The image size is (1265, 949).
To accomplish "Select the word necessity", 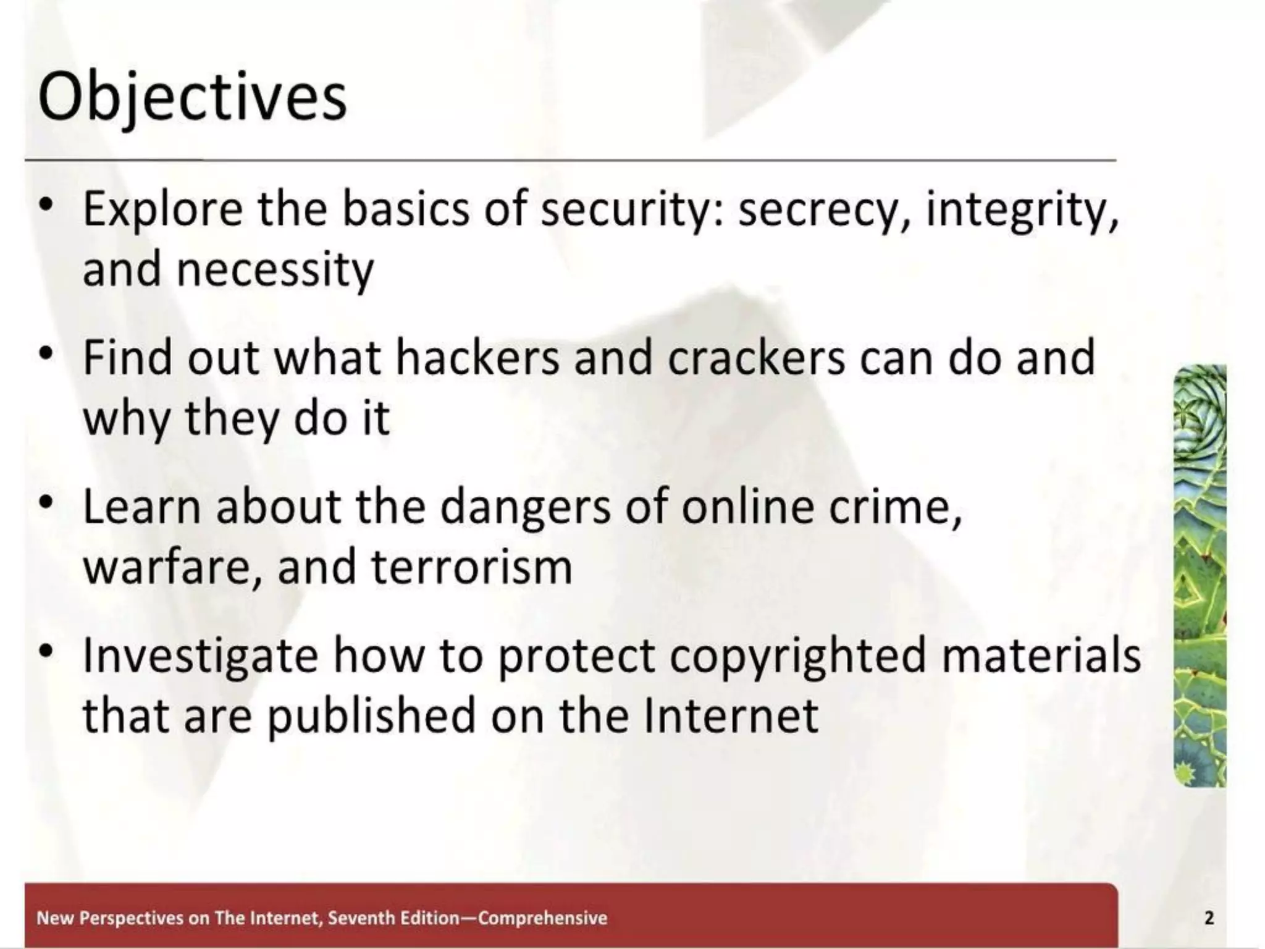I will (275, 269).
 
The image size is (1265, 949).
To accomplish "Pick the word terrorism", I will (472, 567).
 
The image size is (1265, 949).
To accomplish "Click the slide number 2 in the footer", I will (1209, 917).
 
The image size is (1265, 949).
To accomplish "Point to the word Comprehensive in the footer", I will (543, 917).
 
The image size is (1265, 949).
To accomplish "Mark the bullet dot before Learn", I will (45, 503).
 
